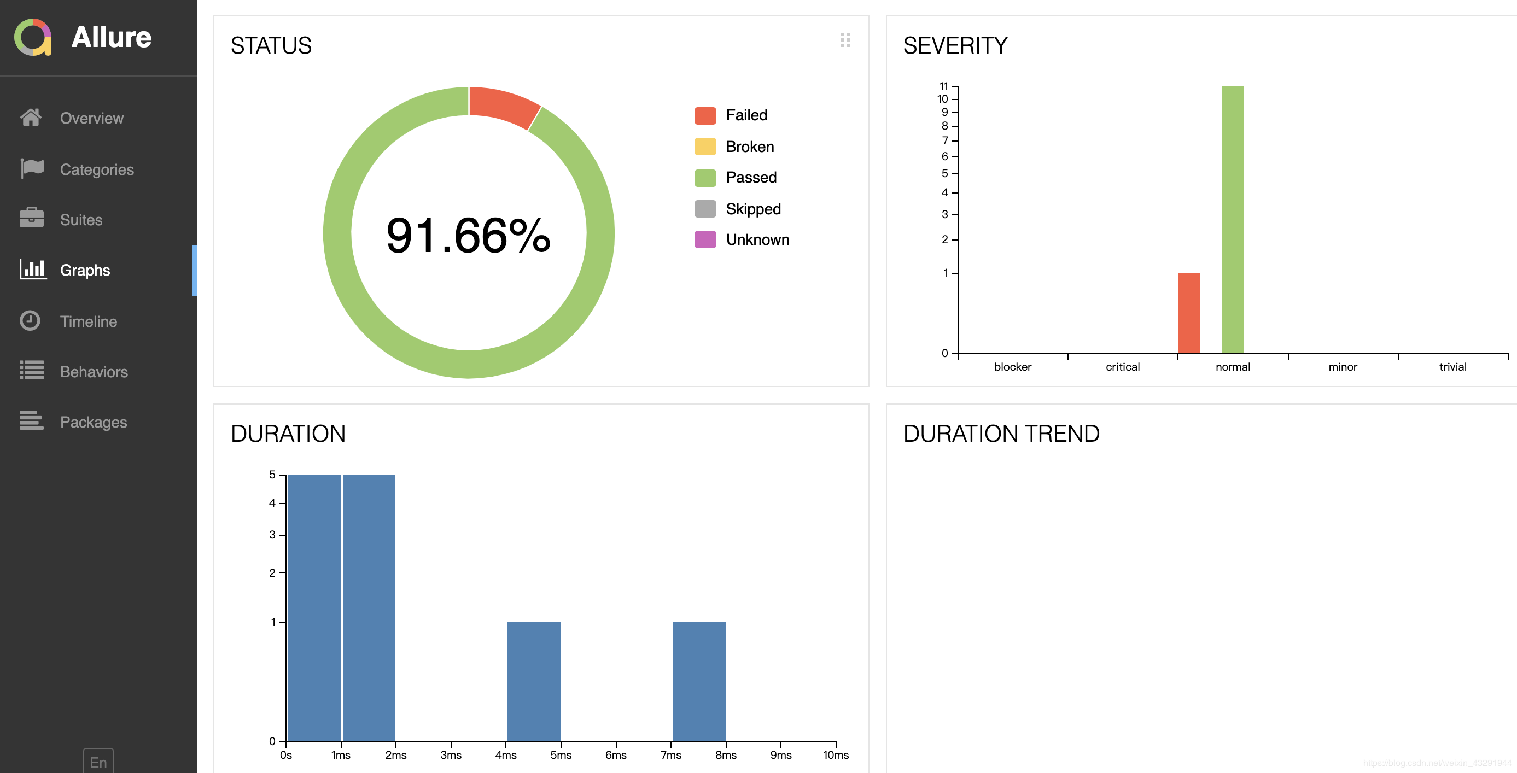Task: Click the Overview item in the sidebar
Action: pos(91,118)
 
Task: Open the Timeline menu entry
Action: pos(89,321)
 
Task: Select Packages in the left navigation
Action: pos(93,422)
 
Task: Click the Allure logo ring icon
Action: pos(33,37)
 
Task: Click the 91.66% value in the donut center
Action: pos(468,236)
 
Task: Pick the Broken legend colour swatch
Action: pos(705,147)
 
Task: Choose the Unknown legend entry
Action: pos(757,239)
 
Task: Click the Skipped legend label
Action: pos(752,209)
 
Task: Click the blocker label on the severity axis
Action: pos(1012,367)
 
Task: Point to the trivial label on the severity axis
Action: pos(1452,367)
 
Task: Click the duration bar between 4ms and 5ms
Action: pos(534,681)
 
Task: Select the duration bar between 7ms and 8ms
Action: pos(698,681)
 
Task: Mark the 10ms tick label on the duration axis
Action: pos(835,755)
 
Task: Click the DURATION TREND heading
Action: pos(1001,434)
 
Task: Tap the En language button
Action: pos(98,762)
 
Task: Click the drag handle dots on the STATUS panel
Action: pos(845,40)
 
